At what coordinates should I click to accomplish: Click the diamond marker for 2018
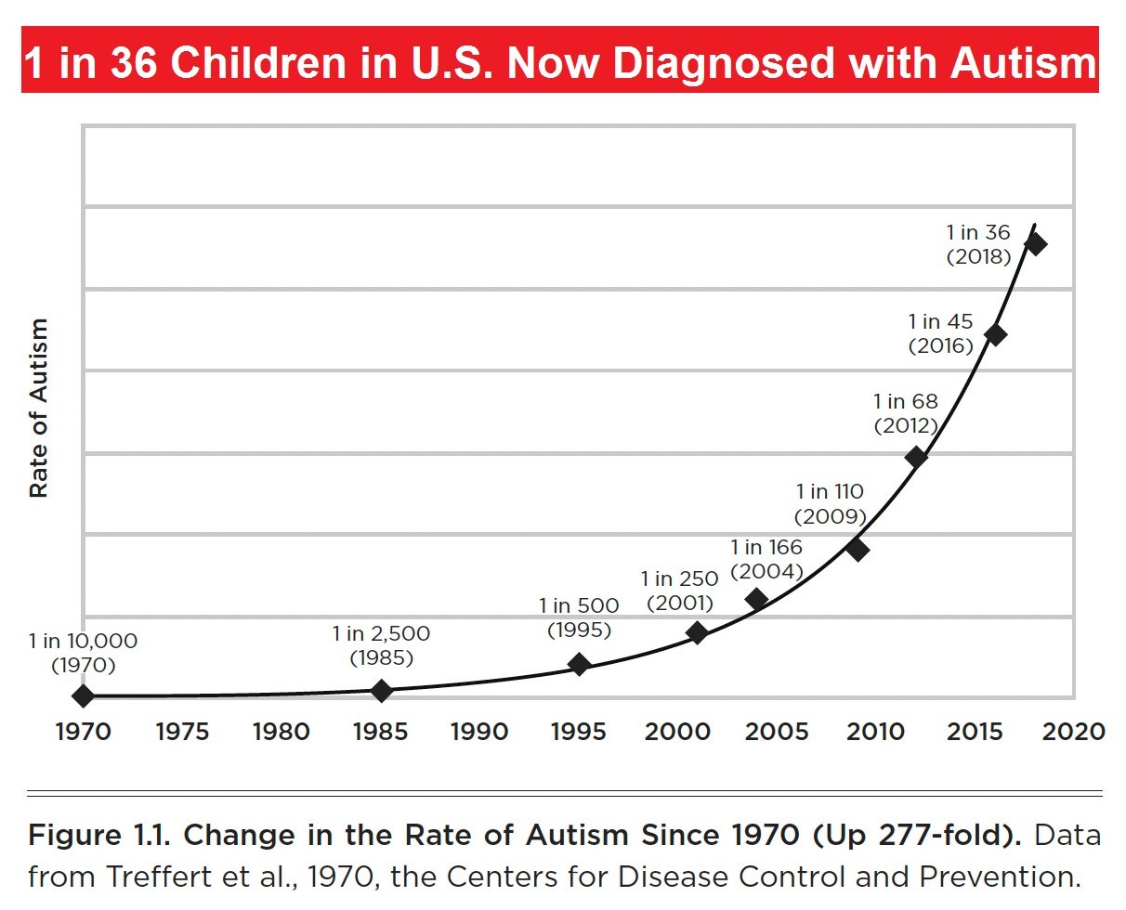click(x=1035, y=244)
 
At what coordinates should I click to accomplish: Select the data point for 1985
click(x=381, y=690)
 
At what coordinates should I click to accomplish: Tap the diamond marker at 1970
click(x=84, y=695)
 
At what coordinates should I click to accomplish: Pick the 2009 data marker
click(x=858, y=549)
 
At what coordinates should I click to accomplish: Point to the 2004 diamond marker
click(x=757, y=599)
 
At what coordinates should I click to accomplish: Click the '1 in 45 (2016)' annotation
click(x=941, y=333)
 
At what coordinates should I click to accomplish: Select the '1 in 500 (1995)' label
click(x=579, y=617)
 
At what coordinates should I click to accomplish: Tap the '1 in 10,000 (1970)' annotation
click(x=84, y=652)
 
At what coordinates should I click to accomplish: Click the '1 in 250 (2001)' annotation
click(x=679, y=591)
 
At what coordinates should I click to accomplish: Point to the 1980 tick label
click(x=281, y=732)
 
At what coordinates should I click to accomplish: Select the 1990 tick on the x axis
click(x=479, y=732)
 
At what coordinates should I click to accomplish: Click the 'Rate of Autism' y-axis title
click(x=38, y=409)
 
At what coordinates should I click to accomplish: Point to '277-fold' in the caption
click(x=947, y=835)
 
